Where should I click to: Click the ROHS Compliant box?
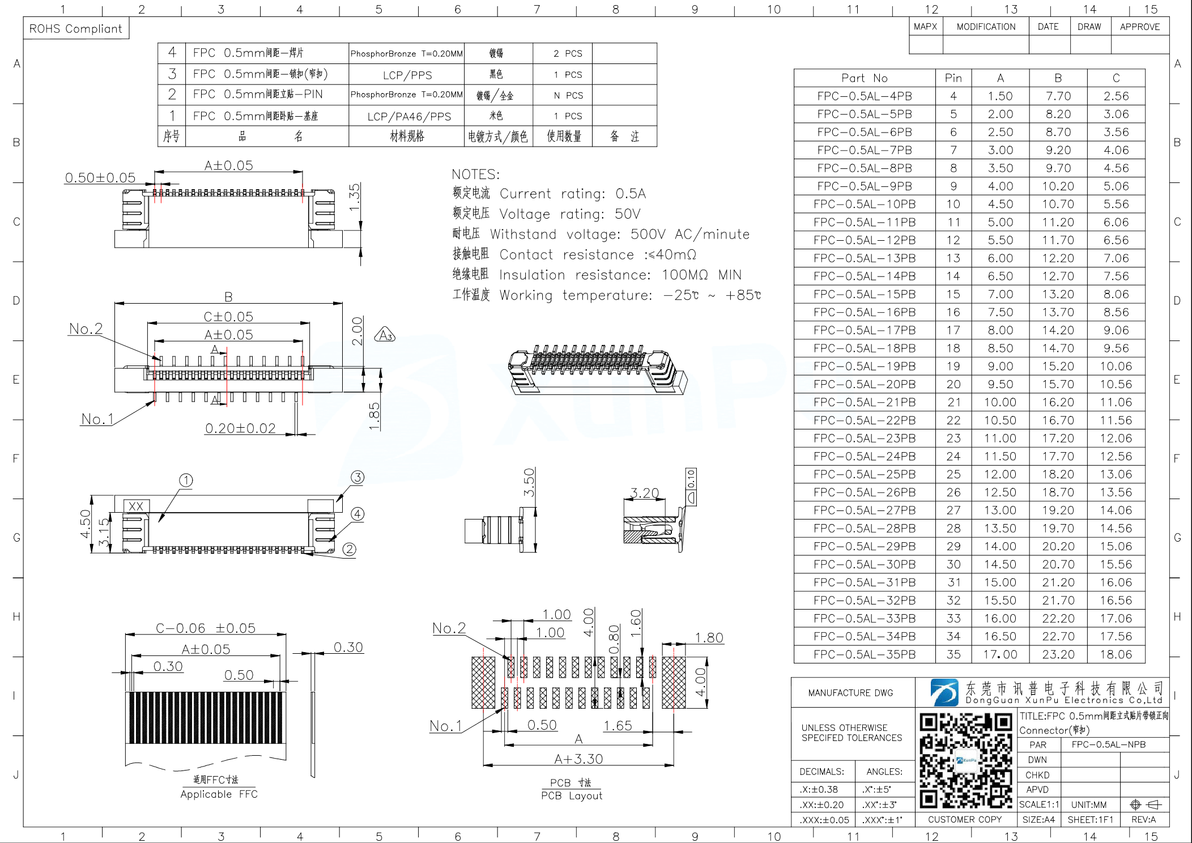point(76,28)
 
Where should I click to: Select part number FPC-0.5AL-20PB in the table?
point(864,384)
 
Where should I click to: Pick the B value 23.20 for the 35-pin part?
point(1058,654)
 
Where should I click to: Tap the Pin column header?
point(953,78)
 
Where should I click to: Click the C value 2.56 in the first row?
point(1116,96)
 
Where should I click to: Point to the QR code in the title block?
point(965,760)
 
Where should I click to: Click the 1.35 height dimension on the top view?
point(355,197)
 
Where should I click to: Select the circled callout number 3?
point(357,477)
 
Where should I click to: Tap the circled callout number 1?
point(186,480)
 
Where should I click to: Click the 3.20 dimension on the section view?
point(644,493)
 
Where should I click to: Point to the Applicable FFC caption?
point(219,794)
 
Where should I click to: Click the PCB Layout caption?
point(571,795)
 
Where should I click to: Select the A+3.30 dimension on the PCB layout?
point(578,759)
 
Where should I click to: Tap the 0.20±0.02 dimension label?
point(240,428)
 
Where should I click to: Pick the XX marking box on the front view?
point(136,506)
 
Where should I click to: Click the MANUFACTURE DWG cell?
point(850,693)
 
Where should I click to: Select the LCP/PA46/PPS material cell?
point(409,117)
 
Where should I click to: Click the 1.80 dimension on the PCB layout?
point(709,638)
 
